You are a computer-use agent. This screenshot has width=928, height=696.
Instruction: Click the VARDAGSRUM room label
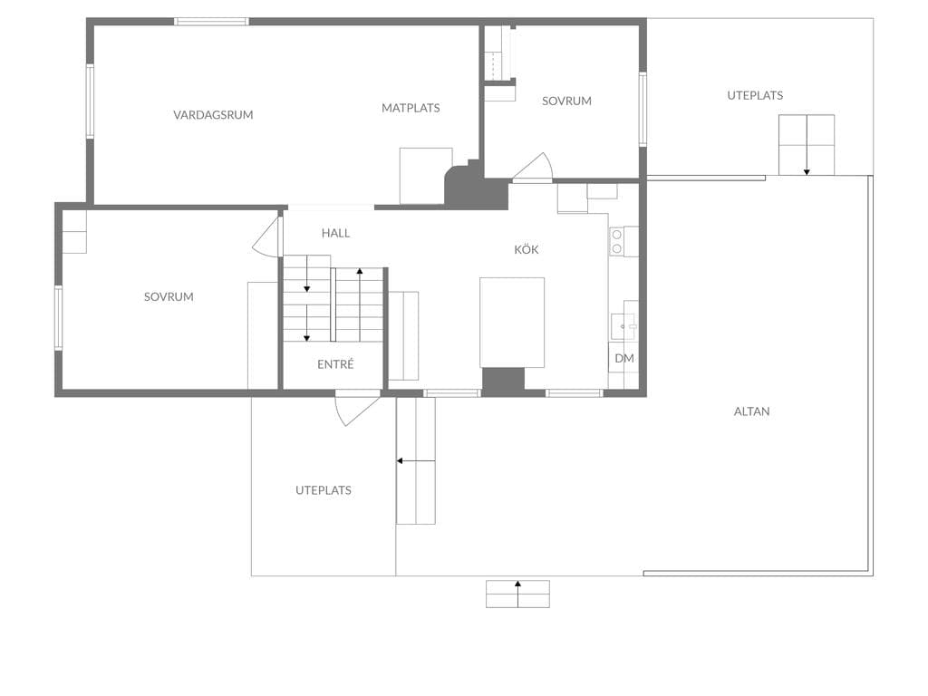pyautogui.click(x=213, y=115)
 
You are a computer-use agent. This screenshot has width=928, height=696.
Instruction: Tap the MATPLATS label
pyautogui.click(x=411, y=108)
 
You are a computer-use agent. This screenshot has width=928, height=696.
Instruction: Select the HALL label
pyautogui.click(x=335, y=233)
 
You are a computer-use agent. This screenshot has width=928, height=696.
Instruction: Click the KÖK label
pyautogui.click(x=527, y=249)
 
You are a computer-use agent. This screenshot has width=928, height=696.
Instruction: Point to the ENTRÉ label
pyautogui.click(x=335, y=364)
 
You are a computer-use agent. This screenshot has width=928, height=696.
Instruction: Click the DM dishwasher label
pyautogui.click(x=624, y=358)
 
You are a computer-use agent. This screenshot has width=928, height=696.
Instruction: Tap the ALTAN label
pyautogui.click(x=751, y=411)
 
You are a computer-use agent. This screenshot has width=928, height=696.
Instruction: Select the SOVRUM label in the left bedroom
pyautogui.click(x=169, y=296)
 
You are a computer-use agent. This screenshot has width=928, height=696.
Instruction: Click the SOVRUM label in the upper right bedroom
pyautogui.click(x=566, y=101)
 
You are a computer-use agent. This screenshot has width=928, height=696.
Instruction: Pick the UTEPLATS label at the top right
pyautogui.click(x=755, y=95)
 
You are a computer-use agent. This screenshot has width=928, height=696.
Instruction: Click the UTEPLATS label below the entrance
pyautogui.click(x=324, y=490)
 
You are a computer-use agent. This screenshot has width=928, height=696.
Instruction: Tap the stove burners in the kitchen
pyautogui.click(x=616, y=241)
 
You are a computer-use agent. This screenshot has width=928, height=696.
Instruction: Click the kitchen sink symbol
pyautogui.click(x=623, y=326)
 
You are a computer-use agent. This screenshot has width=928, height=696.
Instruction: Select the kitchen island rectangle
pyautogui.click(x=512, y=323)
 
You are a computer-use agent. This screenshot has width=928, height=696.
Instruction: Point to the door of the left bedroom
pyautogui.click(x=267, y=237)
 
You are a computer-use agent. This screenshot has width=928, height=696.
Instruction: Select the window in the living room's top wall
pyautogui.click(x=211, y=22)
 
